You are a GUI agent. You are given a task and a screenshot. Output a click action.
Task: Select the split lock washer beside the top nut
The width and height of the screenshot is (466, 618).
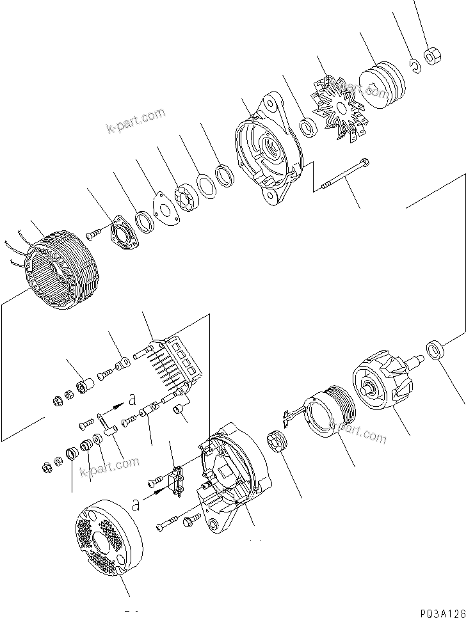415,65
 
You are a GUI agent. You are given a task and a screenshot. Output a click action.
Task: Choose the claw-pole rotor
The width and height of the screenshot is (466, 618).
384,381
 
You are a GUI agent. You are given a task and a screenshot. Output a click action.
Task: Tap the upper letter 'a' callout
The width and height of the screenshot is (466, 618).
132,400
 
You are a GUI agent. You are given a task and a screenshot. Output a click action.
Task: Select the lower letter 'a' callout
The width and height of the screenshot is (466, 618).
134,505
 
